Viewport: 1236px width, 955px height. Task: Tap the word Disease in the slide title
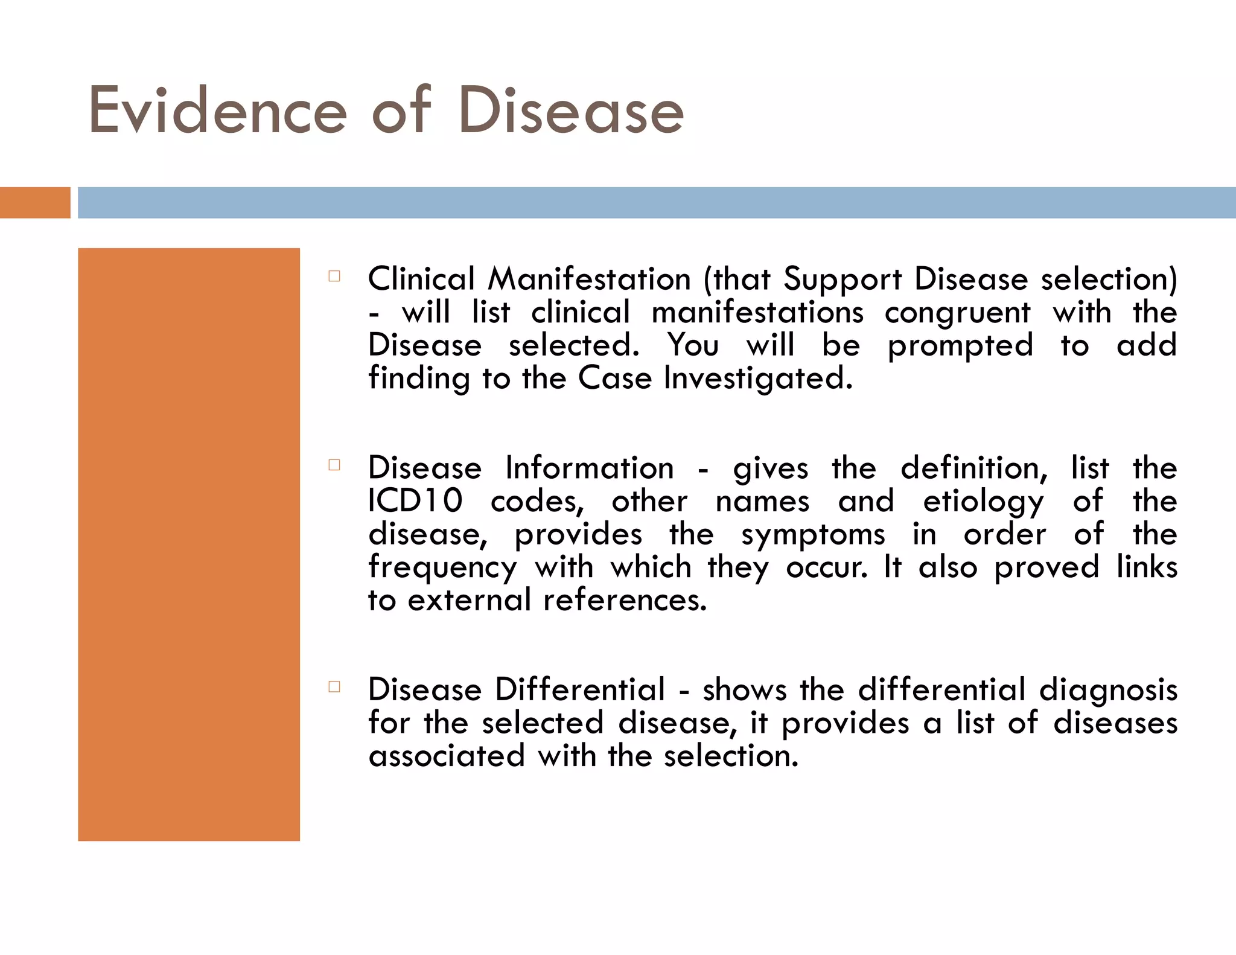[x=571, y=111]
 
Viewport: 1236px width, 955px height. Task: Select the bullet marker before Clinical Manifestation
[x=334, y=276]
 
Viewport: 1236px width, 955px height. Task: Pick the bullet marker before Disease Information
[x=334, y=465]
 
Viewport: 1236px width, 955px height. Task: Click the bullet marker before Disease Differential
[x=334, y=686]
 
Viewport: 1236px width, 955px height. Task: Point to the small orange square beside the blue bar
[x=35, y=203]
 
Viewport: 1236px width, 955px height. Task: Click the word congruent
[x=958, y=313]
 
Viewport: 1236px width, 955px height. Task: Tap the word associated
[x=447, y=756]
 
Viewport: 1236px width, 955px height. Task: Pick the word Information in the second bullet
[x=589, y=468]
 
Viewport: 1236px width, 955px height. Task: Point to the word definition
[x=974, y=468]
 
